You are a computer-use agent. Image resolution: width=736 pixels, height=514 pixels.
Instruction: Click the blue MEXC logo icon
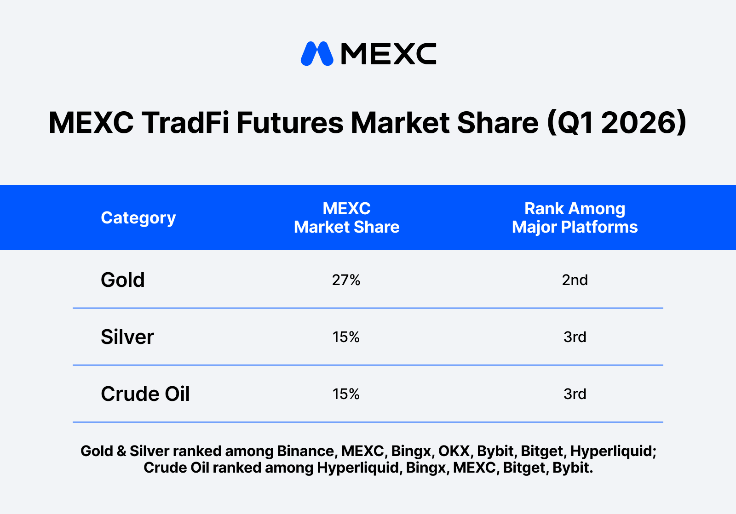pos(317,53)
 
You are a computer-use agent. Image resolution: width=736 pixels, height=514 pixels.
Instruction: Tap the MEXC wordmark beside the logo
pos(389,53)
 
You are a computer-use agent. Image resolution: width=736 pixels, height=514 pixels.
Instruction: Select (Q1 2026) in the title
pos(617,123)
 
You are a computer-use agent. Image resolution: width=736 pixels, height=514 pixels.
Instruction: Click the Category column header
pos(138,217)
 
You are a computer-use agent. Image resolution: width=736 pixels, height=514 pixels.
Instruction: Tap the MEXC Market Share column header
pos(347,217)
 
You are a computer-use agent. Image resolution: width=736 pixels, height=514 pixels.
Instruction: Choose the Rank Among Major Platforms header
pos(575,217)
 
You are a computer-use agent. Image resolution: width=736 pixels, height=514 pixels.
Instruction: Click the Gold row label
pos(122,280)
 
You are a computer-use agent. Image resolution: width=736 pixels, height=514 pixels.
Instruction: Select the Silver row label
pos(127,337)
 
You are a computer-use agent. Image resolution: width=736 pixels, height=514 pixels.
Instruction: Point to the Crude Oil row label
pos(145,394)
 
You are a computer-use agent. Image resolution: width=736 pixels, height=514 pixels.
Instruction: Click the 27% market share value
pos(346,280)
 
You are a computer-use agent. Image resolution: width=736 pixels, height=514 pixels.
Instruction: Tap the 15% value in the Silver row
pos(346,337)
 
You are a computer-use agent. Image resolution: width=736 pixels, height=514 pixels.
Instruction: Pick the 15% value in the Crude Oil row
pos(346,394)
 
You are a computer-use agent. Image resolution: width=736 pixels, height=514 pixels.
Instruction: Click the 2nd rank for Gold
pos(575,280)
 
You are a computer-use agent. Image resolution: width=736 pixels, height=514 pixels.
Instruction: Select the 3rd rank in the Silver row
pos(575,337)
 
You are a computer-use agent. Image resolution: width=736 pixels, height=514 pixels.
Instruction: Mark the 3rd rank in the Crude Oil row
pos(575,394)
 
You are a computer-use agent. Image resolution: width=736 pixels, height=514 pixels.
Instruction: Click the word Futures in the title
pos(290,122)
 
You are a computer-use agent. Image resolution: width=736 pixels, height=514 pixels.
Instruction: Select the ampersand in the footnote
pos(121,451)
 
